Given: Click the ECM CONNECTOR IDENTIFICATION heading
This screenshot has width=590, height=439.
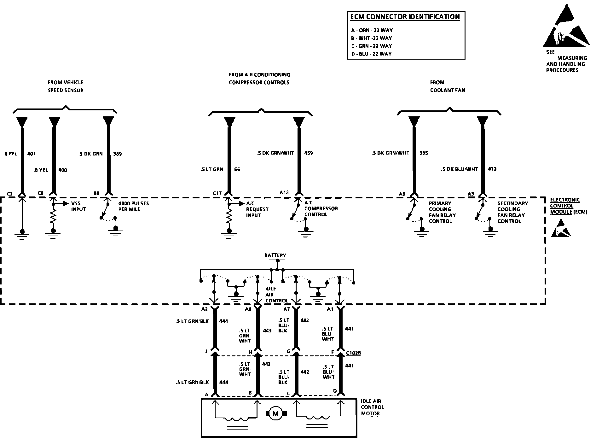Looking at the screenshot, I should [x=405, y=17].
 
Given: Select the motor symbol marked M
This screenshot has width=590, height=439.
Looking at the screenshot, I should [x=275, y=413].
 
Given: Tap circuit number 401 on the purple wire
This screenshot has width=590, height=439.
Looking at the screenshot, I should [x=32, y=154].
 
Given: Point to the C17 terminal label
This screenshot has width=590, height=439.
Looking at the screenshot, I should [x=217, y=193].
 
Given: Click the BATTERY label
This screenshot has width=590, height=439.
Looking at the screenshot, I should [x=275, y=255].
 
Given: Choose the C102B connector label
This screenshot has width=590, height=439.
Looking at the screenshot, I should [x=353, y=353].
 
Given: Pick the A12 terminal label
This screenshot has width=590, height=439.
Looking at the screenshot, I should [x=284, y=192].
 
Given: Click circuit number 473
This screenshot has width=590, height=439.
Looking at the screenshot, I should [x=492, y=169].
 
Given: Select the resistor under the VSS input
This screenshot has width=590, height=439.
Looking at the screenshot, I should [x=54, y=217].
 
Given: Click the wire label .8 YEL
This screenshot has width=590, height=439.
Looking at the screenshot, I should [x=41, y=170].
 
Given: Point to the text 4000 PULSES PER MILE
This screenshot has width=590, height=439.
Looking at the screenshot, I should [x=133, y=206].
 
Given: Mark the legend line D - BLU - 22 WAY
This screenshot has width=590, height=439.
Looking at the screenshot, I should [x=371, y=54].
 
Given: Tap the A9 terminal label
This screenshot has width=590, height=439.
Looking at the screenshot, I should [x=402, y=194].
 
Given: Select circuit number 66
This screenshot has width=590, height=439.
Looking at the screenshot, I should [x=237, y=169].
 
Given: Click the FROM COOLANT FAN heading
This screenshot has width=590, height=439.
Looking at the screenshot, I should [x=447, y=86].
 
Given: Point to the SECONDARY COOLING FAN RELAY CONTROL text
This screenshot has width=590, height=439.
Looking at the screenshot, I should [x=512, y=212].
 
